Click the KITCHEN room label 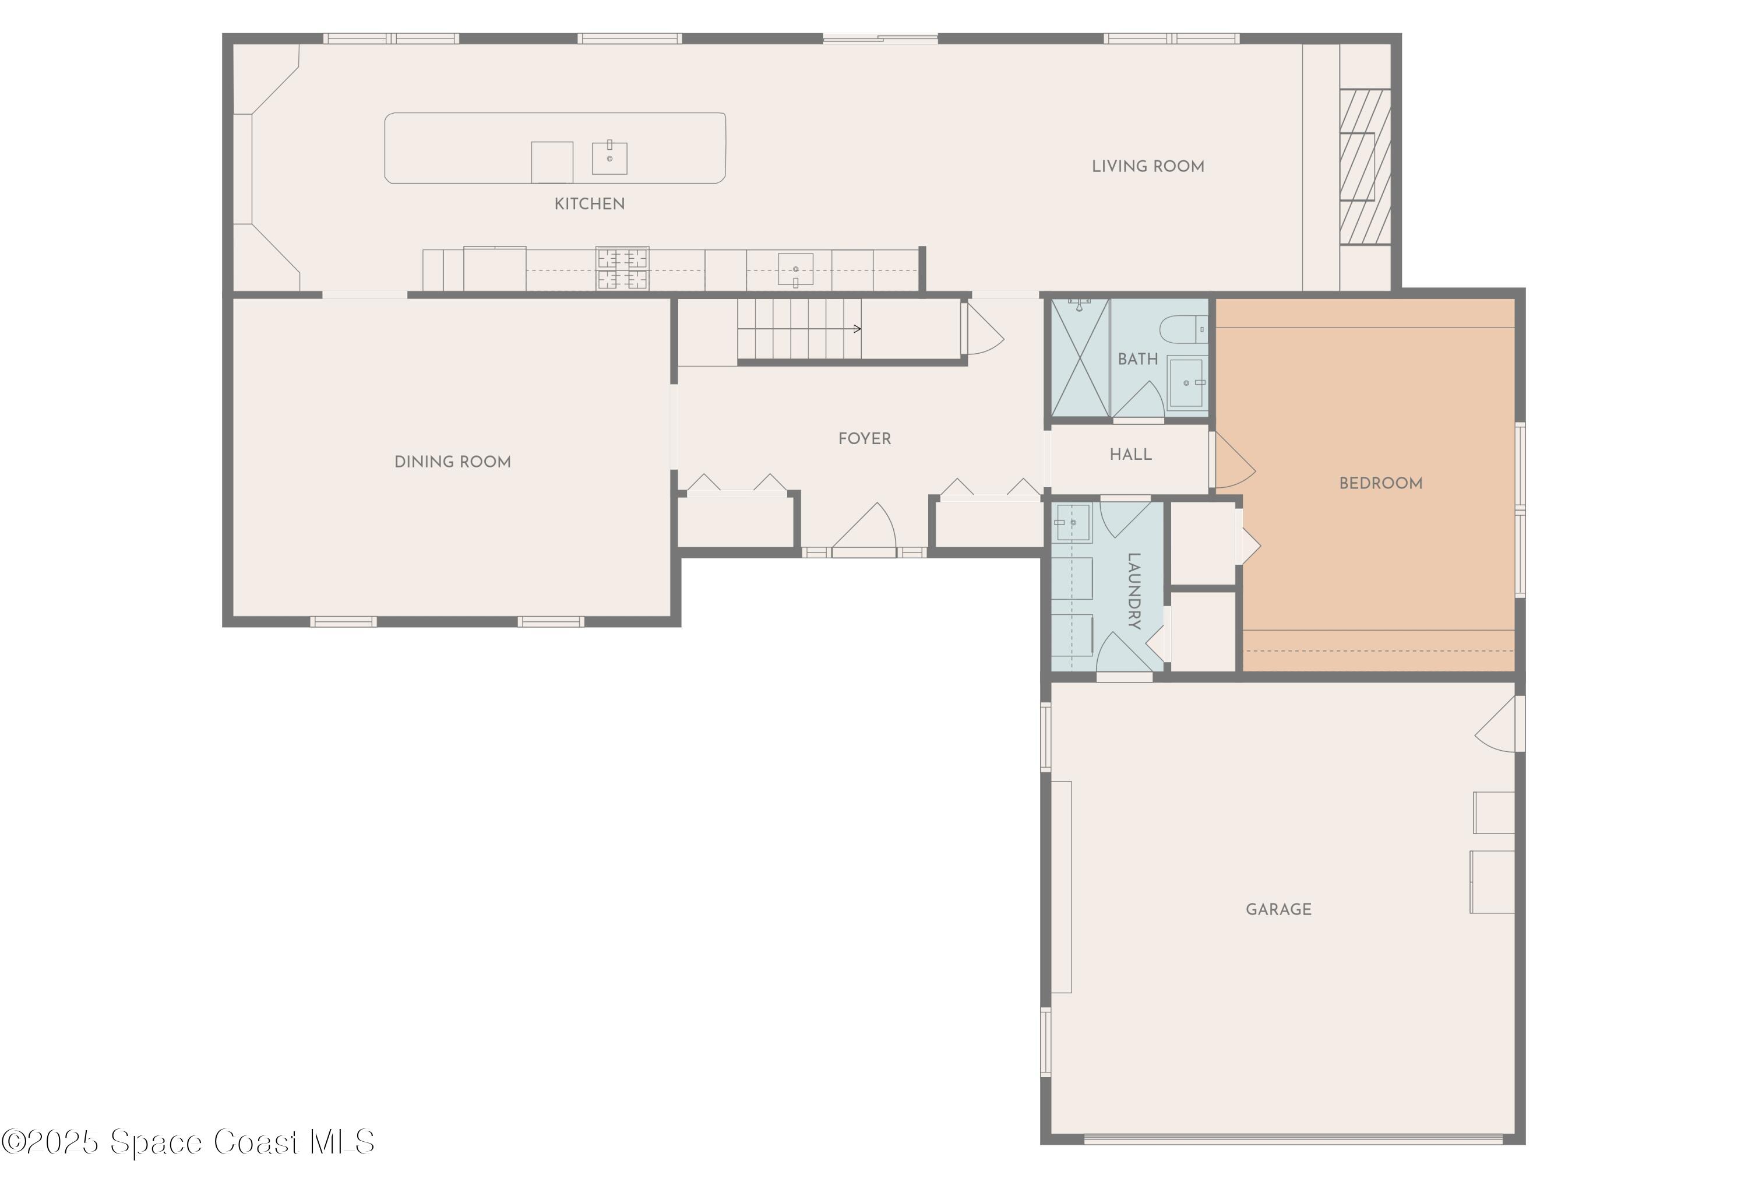[x=589, y=204]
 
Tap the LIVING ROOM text [x=1147, y=166]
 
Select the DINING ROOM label [x=452, y=462]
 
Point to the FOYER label [x=864, y=438]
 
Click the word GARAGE [x=1278, y=909]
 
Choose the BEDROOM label [x=1380, y=484]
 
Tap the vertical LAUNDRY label [x=1133, y=590]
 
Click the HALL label [x=1130, y=455]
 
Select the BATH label [x=1137, y=360]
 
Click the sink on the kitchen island [x=609, y=158]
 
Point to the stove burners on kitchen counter [x=622, y=269]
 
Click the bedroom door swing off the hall [x=1232, y=460]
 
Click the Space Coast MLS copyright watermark [x=188, y=1142]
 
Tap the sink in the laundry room [x=1073, y=522]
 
